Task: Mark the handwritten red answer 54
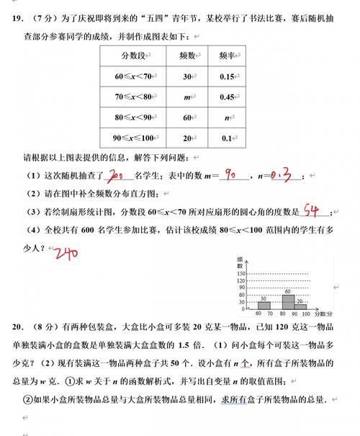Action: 310,210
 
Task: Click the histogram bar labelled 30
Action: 264,305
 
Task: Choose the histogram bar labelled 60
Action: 288,301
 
